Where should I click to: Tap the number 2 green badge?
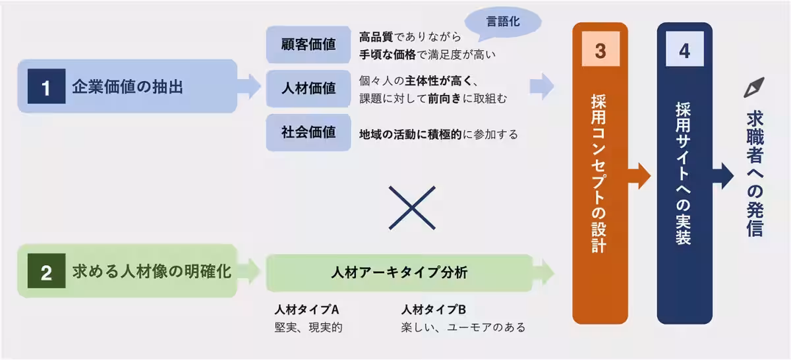coord(45,272)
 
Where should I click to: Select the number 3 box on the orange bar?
coord(600,52)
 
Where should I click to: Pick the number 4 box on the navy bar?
coord(684,52)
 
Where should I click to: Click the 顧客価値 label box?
coord(308,44)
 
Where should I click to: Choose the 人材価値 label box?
coord(308,88)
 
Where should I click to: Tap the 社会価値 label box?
coord(308,132)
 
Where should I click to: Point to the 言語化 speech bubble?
coord(504,22)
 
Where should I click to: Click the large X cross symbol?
coord(412,207)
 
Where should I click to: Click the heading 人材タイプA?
coord(307,309)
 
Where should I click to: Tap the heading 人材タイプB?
coord(433,309)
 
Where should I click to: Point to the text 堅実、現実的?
coord(308,327)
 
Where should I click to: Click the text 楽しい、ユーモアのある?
coord(463,327)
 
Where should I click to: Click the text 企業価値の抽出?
coord(128,86)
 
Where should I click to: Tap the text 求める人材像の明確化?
coord(152,272)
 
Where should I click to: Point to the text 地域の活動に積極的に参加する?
coord(438,134)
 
